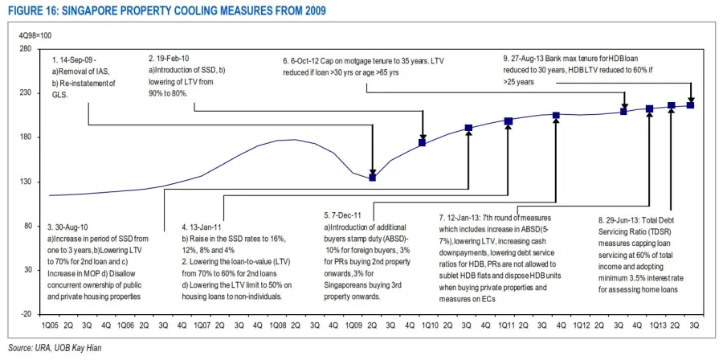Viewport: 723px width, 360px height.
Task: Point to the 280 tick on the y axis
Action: coord(25,49)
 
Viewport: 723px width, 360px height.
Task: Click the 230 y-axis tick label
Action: coord(25,93)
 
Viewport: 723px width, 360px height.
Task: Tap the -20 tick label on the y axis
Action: coord(25,314)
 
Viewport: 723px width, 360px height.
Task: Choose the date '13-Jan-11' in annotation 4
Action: coord(211,228)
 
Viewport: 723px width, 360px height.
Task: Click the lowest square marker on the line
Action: coord(372,177)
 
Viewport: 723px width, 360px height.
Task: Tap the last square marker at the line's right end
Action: coord(690,105)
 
